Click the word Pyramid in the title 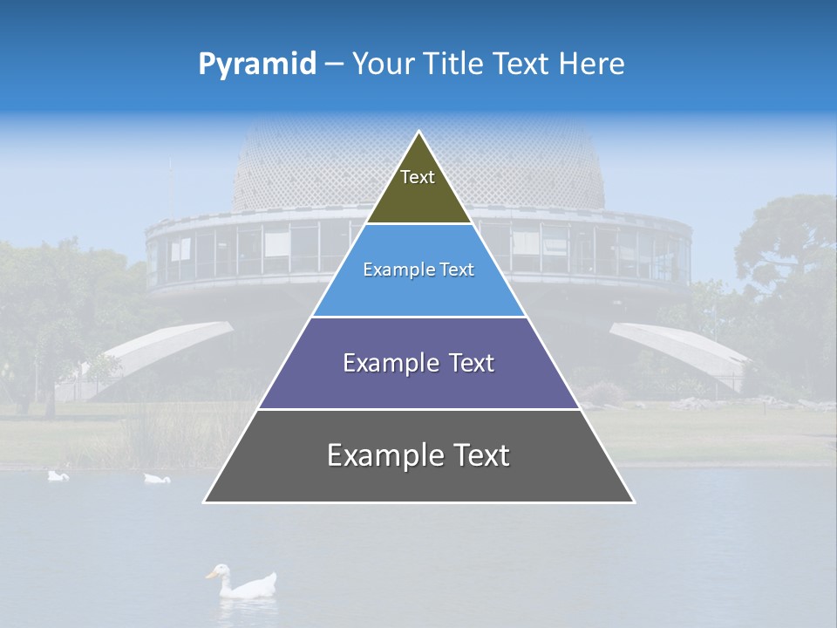[x=256, y=65]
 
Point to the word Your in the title [x=382, y=64]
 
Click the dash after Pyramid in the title [x=333, y=65]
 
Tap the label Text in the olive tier [x=418, y=177]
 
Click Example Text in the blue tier [x=418, y=270]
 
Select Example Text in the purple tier [x=418, y=363]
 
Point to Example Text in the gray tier [x=418, y=455]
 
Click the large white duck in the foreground [x=248, y=584]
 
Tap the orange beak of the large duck [x=210, y=574]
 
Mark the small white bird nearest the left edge [x=58, y=475]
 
